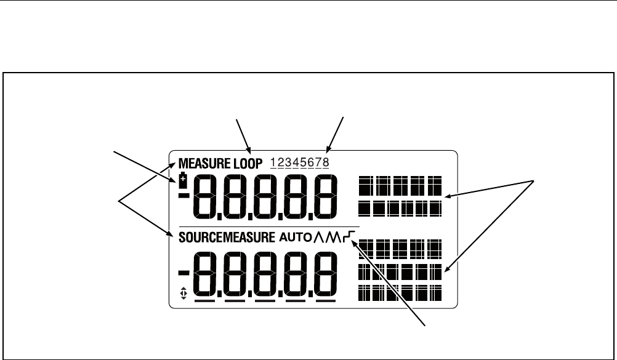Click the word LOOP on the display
(x=248, y=164)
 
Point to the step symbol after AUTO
(x=350, y=236)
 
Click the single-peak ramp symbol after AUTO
(x=320, y=236)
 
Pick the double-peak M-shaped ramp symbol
(x=335, y=236)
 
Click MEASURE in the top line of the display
(x=205, y=164)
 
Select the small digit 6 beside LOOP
(x=311, y=163)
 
